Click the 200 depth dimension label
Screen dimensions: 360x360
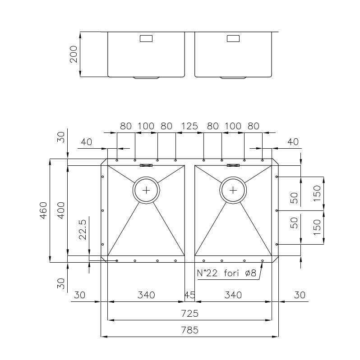pyautogui.click(x=74, y=54)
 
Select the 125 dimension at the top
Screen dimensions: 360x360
pyautogui.click(x=189, y=126)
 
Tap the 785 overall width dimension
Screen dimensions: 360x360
pyautogui.click(x=189, y=330)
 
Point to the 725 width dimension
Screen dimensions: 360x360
pyautogui.click(x=189, y=314)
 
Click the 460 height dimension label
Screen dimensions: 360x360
pyautogui.click(x=44, y=210)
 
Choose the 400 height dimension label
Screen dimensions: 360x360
pyautogui.click(x=61, y=210)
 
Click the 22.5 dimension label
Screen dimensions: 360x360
pyautogui.click(x=83, y=230)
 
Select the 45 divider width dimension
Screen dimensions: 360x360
pyautogui.click(x=189, y=295)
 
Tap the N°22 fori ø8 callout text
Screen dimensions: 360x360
pyautogui.click(x=226, y=273)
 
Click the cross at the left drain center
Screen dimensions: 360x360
pyautogui.click(x=146, y=190)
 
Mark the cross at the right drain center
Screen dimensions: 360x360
pyautogui.click(x=233, y=190)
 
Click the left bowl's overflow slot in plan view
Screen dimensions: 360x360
pyautogui.click(x=146, y=165)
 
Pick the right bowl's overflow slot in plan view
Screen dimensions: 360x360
pyautogui.click(x=233, y=165)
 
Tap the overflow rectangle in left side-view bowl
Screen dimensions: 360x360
pyautogui.click(x=146, y=38)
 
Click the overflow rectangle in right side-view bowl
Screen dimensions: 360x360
pyautogui.click(x=233, y=38)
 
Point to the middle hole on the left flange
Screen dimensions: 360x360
pyautogui.click(x=103, y=210)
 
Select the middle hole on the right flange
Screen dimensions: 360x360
pyautogui.click(x=277, y=210)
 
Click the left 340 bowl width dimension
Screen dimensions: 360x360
pyautogui.click(x=146, y=295)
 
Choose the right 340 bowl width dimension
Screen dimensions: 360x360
pyautogui.click(x=233, y=295)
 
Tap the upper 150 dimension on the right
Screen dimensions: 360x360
pyautogui.click(x=317, y=193)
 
